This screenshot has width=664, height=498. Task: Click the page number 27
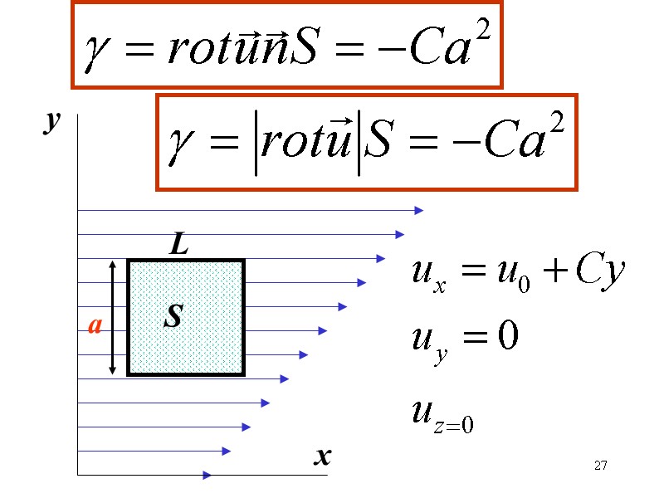click(x=601, y=465)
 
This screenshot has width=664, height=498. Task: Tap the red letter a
click(x=95, y=326)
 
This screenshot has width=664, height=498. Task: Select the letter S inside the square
click(x=173, y=316)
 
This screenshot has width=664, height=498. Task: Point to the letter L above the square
click(x=179, y=245)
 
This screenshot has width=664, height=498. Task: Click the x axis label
click(x=322, y=456)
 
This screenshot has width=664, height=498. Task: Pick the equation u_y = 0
click(x=465, y=339)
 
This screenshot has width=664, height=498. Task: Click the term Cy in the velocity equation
click(x=599, y=271)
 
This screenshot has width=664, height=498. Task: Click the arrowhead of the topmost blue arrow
click(x=419, y=211)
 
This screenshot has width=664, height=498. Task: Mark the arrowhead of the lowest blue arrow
click(x=207, y=475)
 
